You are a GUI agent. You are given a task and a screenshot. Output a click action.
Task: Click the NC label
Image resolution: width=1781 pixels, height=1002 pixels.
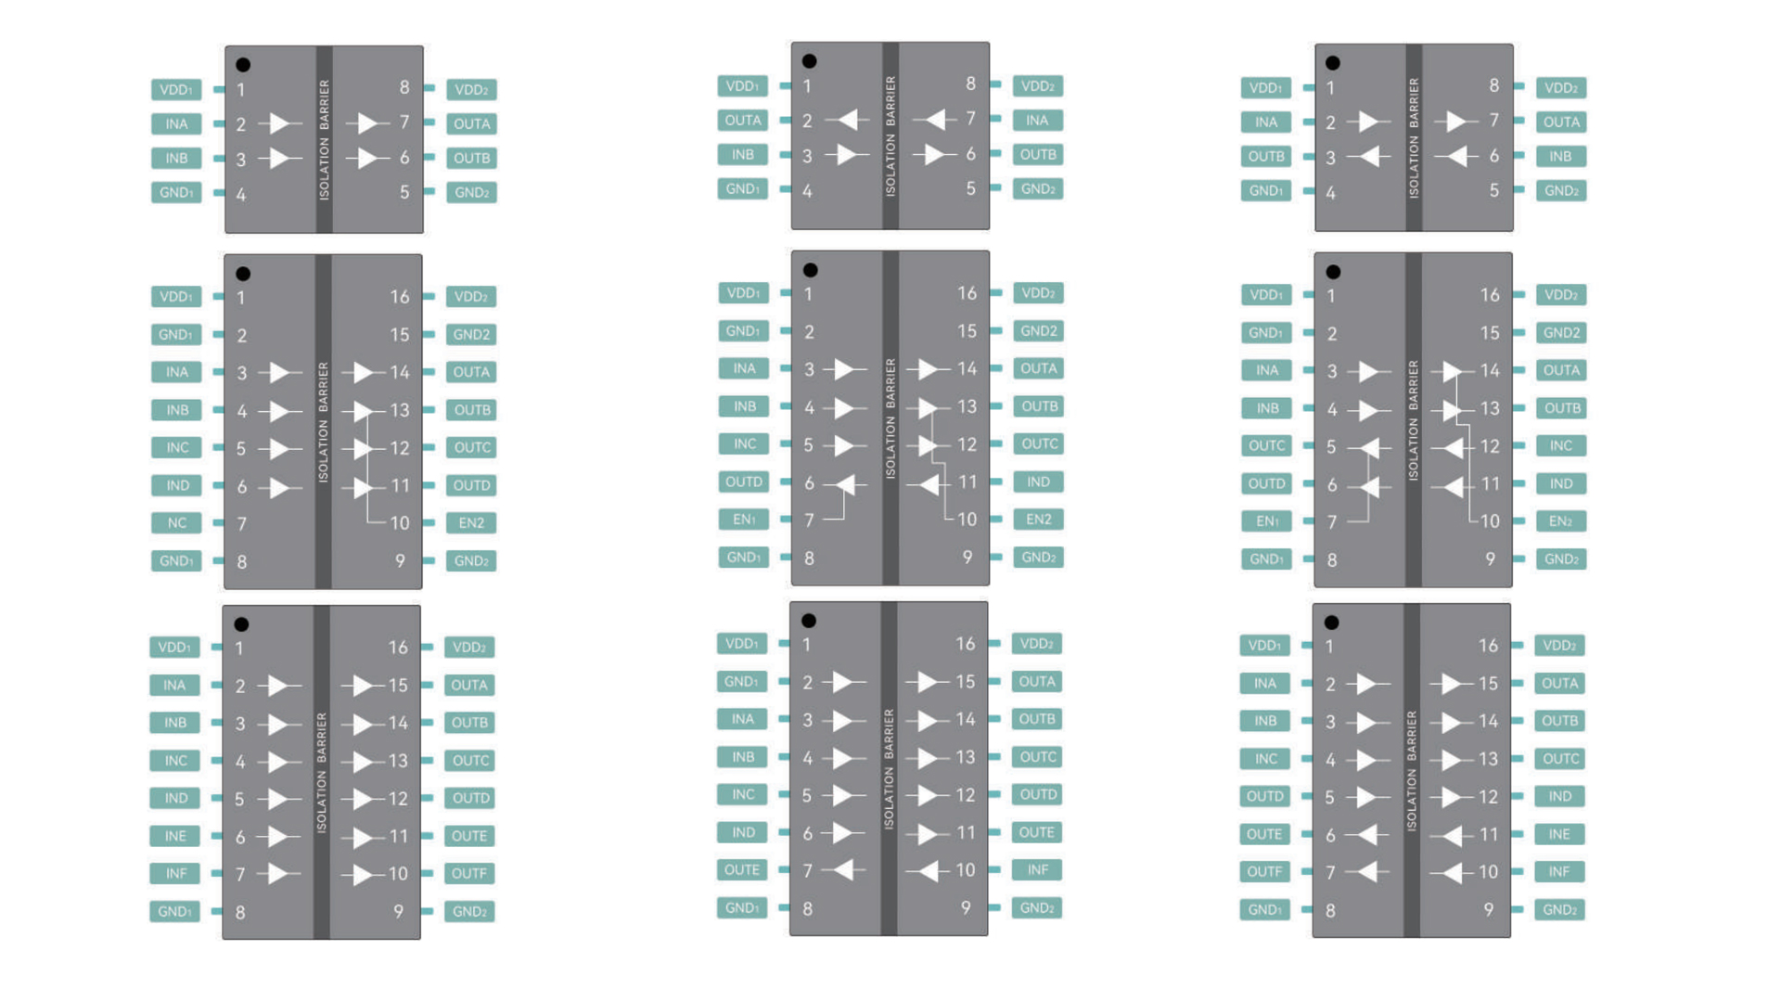(x=176, y=523)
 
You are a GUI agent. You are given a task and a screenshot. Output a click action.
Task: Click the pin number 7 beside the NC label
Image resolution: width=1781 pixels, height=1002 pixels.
(x=242, y=524)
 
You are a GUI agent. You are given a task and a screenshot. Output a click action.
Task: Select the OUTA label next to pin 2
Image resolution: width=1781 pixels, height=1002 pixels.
(x=742, y=121)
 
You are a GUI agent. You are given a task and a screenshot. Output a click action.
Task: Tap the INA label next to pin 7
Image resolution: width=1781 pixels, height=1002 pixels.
(x=1037, y=121)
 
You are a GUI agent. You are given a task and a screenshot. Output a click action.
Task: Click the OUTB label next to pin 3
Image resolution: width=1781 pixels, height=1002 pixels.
(x=1265, y=157)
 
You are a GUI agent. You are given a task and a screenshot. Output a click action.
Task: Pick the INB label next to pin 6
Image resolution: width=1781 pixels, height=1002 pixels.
(x=1560, y=157)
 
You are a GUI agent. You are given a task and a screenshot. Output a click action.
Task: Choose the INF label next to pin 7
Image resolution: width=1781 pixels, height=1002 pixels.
(x=175, y=874)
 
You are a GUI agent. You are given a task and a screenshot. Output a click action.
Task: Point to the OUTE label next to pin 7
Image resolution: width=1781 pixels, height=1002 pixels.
(x=741, y=870)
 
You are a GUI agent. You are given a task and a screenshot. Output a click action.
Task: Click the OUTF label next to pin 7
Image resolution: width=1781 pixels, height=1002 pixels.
(x=1264, y=872)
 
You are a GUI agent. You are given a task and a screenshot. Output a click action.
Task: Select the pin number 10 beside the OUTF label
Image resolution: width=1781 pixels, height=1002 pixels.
(x=398, y=874)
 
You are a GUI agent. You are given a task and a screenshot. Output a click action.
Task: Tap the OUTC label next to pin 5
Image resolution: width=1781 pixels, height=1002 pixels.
(x=1266, y=446)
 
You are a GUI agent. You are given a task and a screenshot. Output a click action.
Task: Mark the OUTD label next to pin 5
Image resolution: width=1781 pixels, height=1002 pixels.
(x=1264, y=797)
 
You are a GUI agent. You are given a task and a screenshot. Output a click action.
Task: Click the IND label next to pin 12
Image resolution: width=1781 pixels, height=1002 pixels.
(x=1559, y=797)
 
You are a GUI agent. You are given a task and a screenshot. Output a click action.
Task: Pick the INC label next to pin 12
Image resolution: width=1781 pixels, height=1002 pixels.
(x=1560, y=446)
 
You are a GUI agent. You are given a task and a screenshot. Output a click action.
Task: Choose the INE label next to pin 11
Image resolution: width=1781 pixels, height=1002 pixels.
(x=1559, y=835)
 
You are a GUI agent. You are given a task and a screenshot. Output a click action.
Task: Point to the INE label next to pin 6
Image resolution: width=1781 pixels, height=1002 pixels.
(x=175, y=836)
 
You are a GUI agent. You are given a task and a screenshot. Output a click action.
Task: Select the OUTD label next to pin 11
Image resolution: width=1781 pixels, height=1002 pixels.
(x=471, y=486)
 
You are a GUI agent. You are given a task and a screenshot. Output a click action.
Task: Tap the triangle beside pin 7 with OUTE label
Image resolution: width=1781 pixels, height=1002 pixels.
(x=843, y=870)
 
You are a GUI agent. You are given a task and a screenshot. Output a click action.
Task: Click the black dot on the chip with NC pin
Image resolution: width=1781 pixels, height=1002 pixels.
(x=243, y=274)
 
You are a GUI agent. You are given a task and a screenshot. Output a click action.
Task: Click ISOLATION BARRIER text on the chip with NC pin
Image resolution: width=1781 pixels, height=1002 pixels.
(x=323, y=422)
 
